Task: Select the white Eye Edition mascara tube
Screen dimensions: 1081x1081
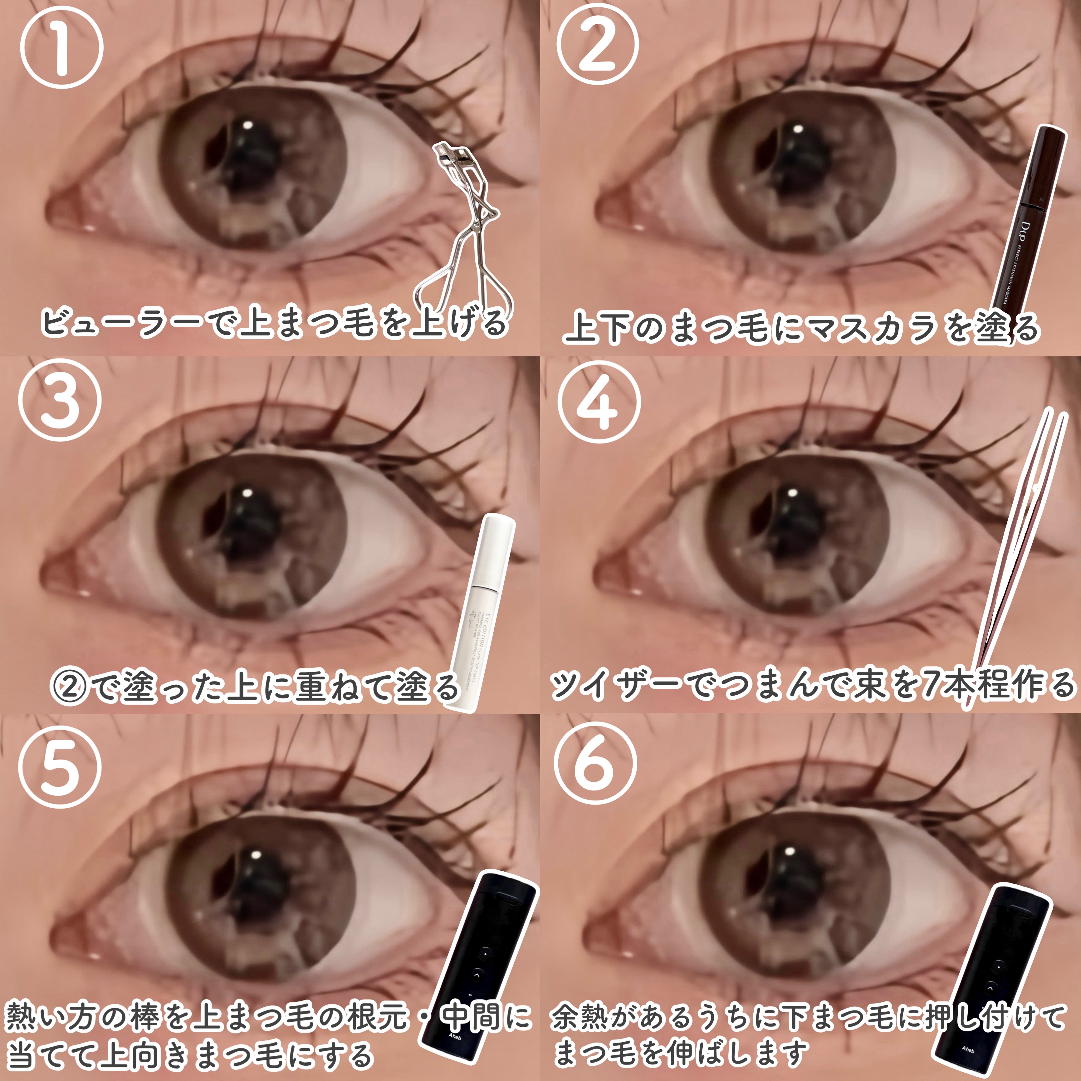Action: pos(481,610)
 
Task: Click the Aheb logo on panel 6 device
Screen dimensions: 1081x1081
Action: pos(968,1050)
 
